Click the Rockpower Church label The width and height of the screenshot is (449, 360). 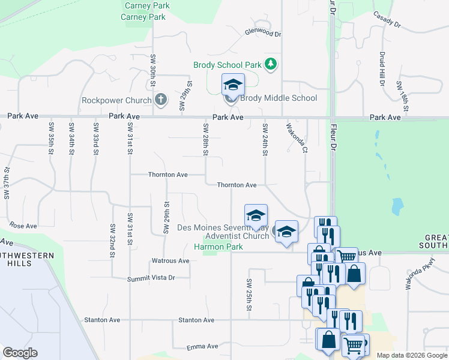[115, 99]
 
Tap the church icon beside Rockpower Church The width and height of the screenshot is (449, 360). [160, 99]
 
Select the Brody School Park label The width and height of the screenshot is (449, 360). [227, 65]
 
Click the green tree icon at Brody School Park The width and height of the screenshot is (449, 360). [271, 64]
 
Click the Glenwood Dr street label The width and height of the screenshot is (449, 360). [262, 34]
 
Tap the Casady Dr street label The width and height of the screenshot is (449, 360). [386, 19]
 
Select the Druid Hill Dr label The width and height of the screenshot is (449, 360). [382, 68]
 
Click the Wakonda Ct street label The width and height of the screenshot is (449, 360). [297, 137]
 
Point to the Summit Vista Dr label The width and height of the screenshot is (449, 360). [151, 278]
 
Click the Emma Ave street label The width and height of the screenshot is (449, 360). [202, 347]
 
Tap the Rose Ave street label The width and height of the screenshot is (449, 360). [23, 226]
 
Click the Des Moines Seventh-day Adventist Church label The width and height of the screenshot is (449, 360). [223, 232]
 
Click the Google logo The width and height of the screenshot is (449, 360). [20, 353]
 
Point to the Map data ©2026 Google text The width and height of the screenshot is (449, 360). [412, 355]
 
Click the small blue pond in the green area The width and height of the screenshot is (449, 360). [397, 206]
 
